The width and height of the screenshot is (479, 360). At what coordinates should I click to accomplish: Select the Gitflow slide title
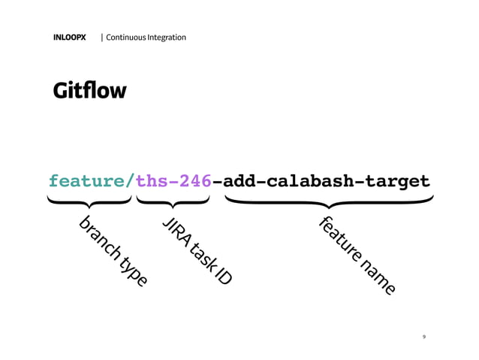(x=89, y=92)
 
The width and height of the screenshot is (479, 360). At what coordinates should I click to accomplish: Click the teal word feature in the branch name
(x=86, y=182)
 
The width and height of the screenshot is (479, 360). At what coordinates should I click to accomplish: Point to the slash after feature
(x=131, y=182)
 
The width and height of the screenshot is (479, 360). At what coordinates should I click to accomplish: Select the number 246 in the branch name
(x=193, y=182)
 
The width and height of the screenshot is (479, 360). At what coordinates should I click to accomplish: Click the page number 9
(x=425, y=337)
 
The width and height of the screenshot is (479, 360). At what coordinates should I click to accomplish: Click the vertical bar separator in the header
(x=102, y=37)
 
